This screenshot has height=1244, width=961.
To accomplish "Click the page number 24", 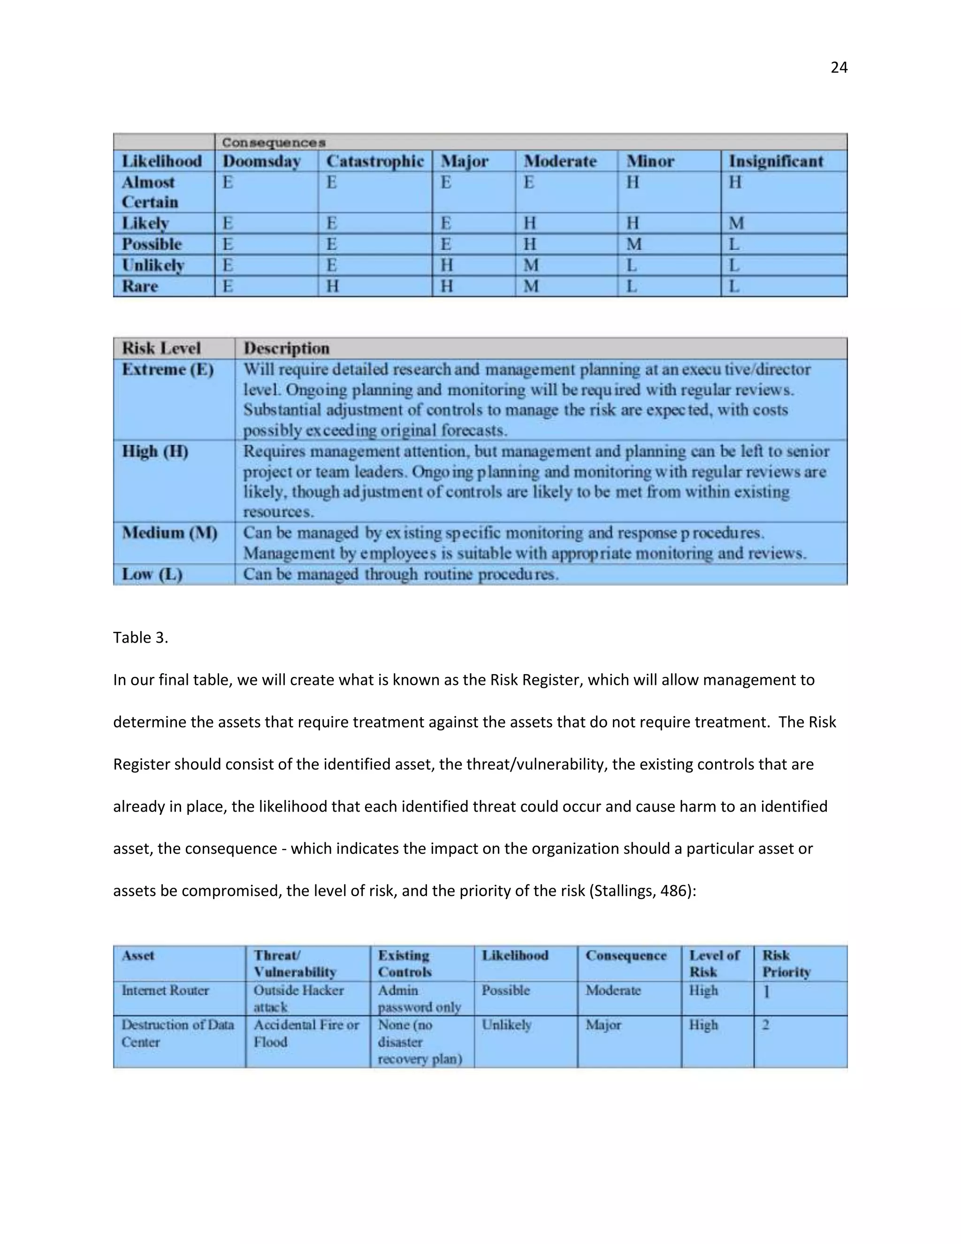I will click(x=839, y=68).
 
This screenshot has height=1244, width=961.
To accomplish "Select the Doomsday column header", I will click(x=261, y=161).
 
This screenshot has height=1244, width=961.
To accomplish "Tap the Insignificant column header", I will click(x=776, y=161).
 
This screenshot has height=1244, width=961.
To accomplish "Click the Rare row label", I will click(x=140, y=286).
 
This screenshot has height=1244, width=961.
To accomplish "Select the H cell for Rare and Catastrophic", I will click(x=333, y=286).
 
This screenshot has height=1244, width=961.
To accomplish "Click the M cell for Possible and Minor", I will click(x=633, y=245).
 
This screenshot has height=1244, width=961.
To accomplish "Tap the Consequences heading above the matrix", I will click(x=274, y=142).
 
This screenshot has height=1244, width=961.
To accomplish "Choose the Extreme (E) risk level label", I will click(x=168, y=369).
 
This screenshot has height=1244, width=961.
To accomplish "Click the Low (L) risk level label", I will click(x=152, y=574).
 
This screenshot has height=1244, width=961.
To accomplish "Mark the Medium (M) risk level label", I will click(x=170, y=533).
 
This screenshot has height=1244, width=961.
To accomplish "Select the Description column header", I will click(x=286, y=348).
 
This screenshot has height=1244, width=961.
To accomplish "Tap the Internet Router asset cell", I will click(x=165, y=991).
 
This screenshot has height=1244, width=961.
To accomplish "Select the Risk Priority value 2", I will click(x=766, y=1025).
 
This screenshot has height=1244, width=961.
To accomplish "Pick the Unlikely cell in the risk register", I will click(x=506, y=1025).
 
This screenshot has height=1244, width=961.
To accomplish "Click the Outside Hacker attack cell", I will click(x=298, y=998).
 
